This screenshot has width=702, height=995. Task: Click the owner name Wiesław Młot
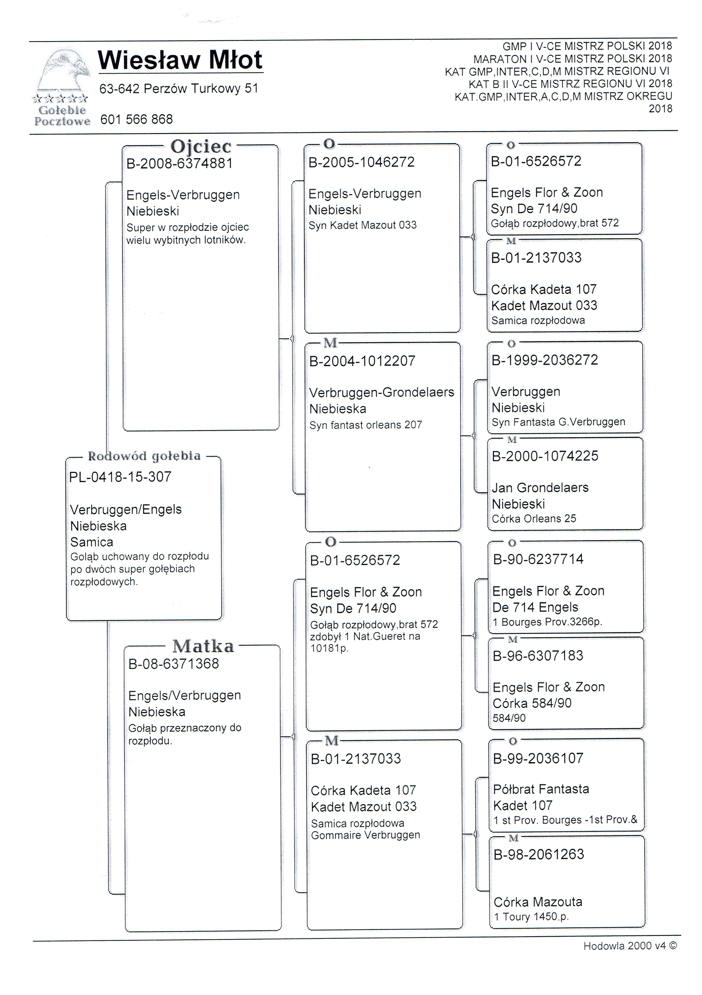(180, 60)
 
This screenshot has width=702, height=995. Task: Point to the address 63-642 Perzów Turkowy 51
(179, 89)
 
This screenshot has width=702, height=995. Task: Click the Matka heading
(203, 646)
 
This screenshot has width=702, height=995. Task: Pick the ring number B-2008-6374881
(180, 163)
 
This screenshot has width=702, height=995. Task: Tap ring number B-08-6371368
(173, 663)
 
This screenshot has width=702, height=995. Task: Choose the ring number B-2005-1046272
(361, 162)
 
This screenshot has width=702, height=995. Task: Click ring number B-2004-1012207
(362, 360)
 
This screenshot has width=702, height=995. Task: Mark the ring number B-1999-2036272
(545, 360)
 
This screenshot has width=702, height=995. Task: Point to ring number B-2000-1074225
(545, 456)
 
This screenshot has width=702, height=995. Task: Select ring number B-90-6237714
(538, 559)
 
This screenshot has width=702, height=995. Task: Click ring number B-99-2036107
(538, 758)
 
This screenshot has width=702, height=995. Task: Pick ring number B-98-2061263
(539, 854)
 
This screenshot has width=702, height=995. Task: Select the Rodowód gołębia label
(144, 456)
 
